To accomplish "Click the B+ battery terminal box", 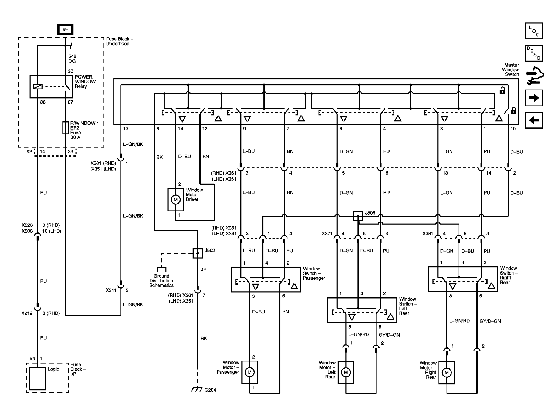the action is [65, 30].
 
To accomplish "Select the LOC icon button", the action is [534, 31].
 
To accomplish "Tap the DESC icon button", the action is [534, 53].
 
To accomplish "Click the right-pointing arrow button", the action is [534, 98].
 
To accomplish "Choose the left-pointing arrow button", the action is [534, 120].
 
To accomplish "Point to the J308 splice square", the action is [358, 216].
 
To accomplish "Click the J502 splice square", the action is [198, 253].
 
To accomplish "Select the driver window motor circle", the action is [176, 200].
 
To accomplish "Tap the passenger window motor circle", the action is [250, 372].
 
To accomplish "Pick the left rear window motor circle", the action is [346, 372].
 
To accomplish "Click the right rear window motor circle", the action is [447, 372].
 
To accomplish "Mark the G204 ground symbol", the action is [197, 389].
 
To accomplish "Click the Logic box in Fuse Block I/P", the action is [38, 379].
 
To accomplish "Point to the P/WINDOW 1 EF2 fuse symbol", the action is [65, 128].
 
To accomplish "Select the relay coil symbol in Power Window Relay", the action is [38, 87].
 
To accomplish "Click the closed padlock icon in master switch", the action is [513, 110].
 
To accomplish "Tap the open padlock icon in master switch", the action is [502, 91].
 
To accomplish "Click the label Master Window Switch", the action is [510, 69].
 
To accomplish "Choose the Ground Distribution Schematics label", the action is [161, 281].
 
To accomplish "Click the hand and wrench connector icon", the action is [535, 76].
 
